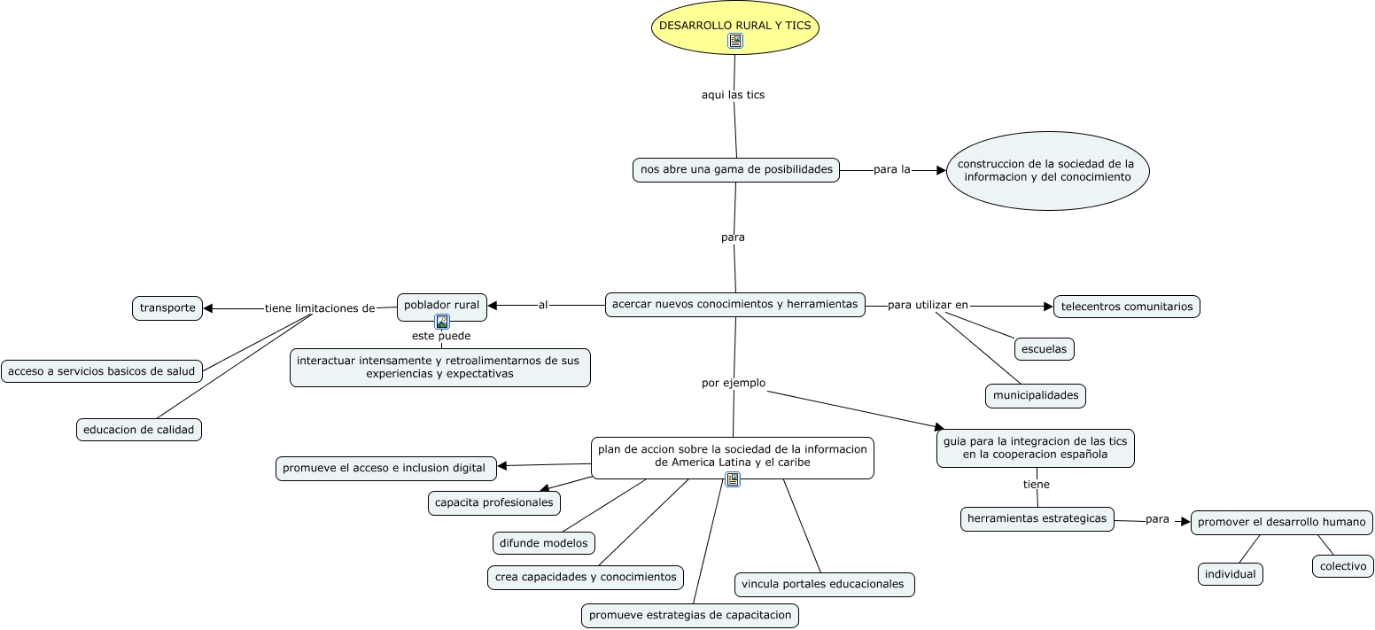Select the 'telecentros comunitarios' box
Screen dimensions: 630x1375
pyautogui.click(x=1126, y=307)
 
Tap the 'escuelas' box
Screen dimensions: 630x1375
pyautogui.click(x=1044, y=349)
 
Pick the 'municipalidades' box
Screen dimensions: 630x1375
pyautogui.click(x=1035, y=395)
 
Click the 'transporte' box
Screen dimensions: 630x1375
pyautogui.click(x=167, y=307)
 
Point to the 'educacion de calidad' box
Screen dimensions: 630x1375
pyautogui.click(x=139, y=430)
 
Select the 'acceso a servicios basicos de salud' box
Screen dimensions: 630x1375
pyautogui.click(x=102, y=371)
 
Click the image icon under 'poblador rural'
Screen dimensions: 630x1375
pyautogui.click(x=441, y=322)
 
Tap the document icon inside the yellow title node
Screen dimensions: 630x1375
pyautogui.click(x=734, y=41)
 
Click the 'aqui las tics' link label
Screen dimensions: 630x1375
pyautogui.click(x=733, y=95)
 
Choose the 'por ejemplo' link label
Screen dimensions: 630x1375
pyautogui.click(x=734, y=383)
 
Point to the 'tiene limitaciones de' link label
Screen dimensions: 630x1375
pyautogui.click(x=320, y=308)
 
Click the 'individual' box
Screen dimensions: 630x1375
pyautogui.click(x=1230, y=574)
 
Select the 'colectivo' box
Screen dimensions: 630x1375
pyautogui.click(x=1342, y=566)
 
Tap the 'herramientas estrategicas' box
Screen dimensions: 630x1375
pyautogui.click(x=1037, y=518)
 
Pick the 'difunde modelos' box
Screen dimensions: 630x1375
pyautogui.click(x=544, y=543)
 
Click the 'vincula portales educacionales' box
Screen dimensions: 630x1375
pyautogui.click(x=823, y=584)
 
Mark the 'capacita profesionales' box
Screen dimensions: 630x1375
pyautogui.click(x=494, y=502)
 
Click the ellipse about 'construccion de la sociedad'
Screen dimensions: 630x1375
pyautogui.click(x=1047, y=170)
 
